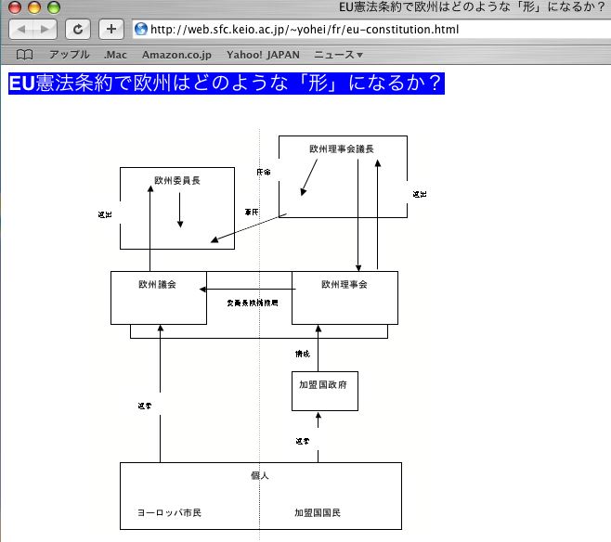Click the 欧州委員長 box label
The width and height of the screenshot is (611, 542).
tap(176, 180)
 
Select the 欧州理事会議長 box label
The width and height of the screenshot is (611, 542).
tap(342, 148)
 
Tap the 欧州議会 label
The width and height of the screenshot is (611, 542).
tap(157, 284)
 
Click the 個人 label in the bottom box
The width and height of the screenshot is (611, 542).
tap(260, 475)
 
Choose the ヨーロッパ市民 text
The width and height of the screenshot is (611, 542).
tap(169, 512)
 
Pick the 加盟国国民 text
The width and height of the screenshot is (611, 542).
tap(318, 512)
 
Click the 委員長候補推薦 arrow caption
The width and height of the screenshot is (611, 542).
tap(252, 303)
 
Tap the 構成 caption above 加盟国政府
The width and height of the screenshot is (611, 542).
tap(302, 354)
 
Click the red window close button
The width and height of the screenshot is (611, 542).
tap(14, 6)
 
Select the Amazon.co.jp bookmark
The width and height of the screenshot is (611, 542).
tap(176, 55)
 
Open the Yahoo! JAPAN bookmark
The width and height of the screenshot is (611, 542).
tap(264, 55)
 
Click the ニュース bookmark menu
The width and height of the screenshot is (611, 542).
tap(338, 55)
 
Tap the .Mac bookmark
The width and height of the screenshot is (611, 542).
tap(116, 55)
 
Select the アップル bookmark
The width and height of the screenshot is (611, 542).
tap(70, 55)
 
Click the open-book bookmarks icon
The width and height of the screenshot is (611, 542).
tap(25, 55)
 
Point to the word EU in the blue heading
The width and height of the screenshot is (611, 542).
tap(20, 83)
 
